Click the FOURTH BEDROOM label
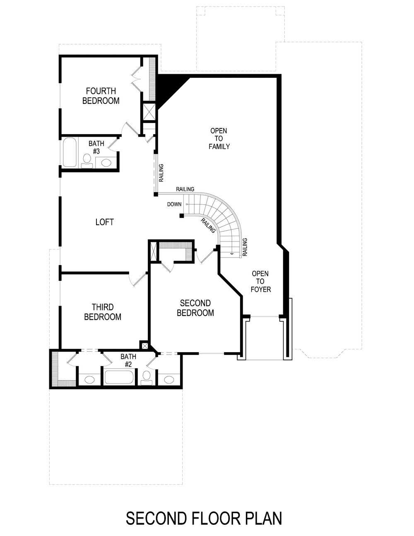tap(101, 96)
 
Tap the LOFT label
tap(104, 222)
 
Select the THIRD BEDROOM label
tap(103, 312)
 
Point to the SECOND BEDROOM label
tap(195, 308)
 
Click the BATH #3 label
tap(96, 147)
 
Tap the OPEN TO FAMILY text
tap(219, 138)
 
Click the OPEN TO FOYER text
tap(260, 281)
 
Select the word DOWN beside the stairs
tap(174, 204)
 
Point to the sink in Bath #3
tap(106, 163)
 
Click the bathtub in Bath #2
tap(119, 378)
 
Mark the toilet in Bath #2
tap(146, 377)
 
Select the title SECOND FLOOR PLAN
tap(204, 518)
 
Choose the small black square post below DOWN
tap(182, 216)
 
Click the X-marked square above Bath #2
tap(144, 345)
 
